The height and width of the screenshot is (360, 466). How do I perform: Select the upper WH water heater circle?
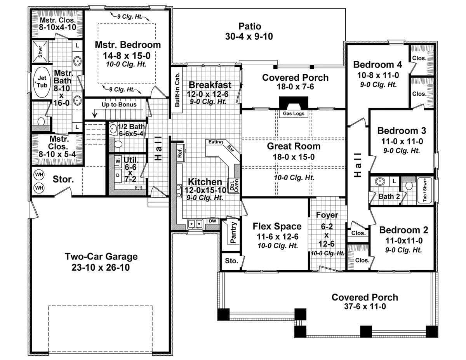[39, 175]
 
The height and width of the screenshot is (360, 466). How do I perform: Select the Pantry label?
[233, 233]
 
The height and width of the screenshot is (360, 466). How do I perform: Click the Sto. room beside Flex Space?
[231, 261]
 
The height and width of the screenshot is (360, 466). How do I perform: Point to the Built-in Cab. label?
[177, 90]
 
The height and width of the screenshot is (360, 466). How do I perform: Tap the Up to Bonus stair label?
[119, 105]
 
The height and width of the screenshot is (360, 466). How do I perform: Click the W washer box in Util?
[117, 160]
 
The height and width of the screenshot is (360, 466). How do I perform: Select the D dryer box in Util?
[117, 175]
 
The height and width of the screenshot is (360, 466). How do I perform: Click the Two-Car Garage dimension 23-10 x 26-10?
[101, 268]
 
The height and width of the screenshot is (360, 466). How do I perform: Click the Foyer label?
[327, 215]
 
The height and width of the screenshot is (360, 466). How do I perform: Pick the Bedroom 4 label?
[377, 64]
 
